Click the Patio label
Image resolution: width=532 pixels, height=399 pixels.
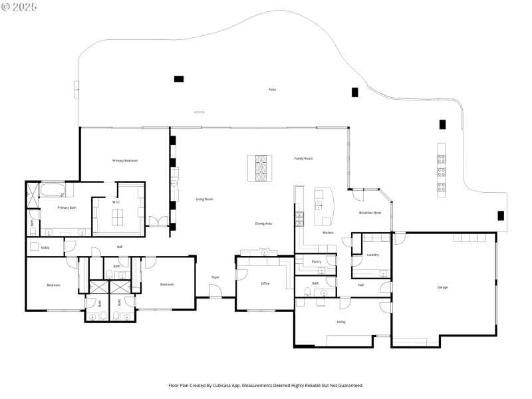(x=272, y=89)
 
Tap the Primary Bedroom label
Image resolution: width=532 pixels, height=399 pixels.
(x=125, y=160)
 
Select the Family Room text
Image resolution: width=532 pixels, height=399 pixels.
(x=303, y=158)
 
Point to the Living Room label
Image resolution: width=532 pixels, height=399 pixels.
(x=204, y=199)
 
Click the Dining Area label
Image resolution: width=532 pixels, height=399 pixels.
(x=263, y=223)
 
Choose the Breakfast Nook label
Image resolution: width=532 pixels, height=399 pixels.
(x=370, y=213)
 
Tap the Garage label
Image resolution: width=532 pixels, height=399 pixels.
(x=442, y=287)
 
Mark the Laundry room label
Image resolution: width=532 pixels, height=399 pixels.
(x=372, y=255)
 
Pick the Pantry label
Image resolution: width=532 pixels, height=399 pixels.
(x=316, y=262)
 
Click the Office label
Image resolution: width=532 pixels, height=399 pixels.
(x=265, y=284)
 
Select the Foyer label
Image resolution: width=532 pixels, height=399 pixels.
(x=215, y=277)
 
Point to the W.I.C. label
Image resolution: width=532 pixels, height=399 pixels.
(x=116, y=202)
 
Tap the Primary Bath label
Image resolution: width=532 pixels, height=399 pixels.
(x=66, y=208)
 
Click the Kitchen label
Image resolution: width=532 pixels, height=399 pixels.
(x=327, y=233)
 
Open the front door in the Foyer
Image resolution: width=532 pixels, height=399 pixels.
(x=215, y=291)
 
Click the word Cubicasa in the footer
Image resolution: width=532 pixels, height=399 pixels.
(x=231, y=385)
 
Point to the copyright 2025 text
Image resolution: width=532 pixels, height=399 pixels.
(x=19, y=7)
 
